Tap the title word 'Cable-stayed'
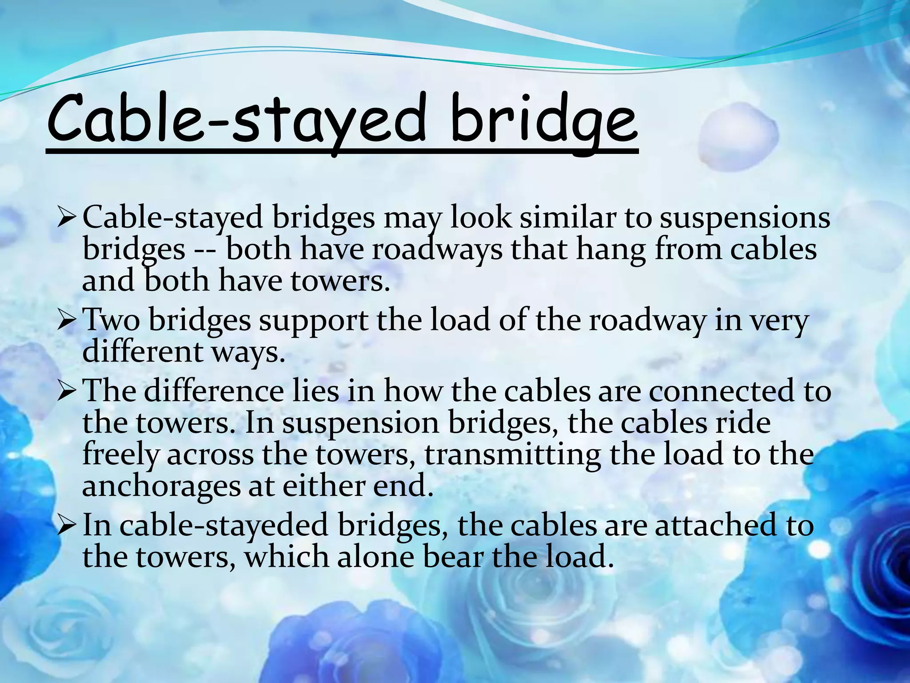click(235, 119)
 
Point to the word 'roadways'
click(437, 249)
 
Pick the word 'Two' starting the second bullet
click(111, 320)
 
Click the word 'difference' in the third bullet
click(214, 391)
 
